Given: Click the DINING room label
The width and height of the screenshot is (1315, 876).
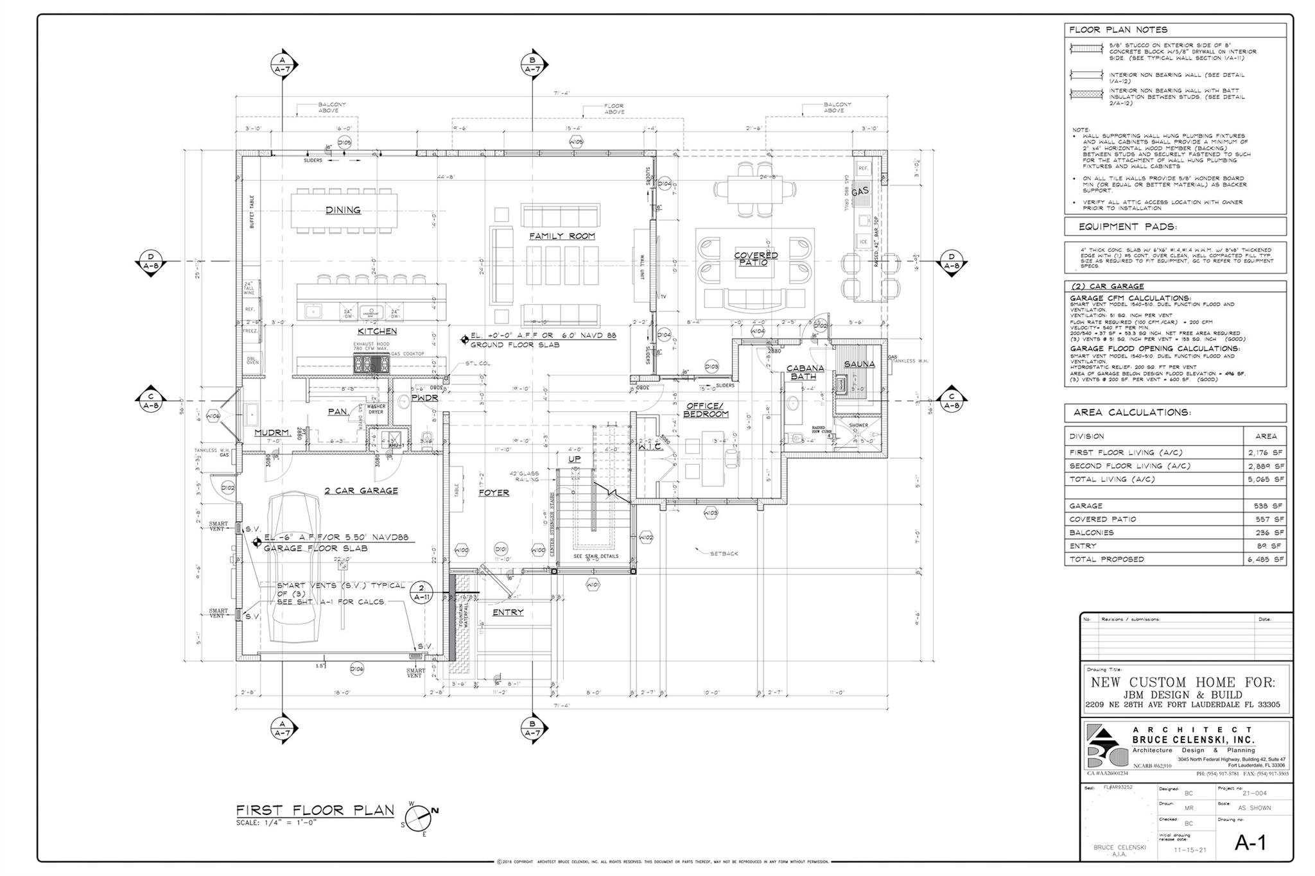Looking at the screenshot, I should (x=343, y=210).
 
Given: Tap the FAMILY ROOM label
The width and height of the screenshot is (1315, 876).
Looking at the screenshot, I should (x=562, y=236).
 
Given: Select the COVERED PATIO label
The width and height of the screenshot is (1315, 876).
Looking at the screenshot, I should (x=756, y=259).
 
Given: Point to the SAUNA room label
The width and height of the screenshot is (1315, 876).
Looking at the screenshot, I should (x=859, y=364).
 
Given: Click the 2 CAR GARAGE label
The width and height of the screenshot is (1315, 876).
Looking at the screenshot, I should (x=361, y=490).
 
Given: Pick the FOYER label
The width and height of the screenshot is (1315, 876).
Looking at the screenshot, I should (x=494, y=493).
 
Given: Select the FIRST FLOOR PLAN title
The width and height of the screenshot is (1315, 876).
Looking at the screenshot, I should (x=315, y=810).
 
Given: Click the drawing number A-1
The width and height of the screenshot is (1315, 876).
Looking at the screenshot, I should (x=1250, y=843).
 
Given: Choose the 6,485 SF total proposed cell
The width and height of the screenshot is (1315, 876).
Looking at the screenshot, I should (x=1270, y=559).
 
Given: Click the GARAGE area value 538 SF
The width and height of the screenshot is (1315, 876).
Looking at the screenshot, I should (x=1270, y=506).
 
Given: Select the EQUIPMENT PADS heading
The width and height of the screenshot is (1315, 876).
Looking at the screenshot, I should (x=1128, y=227).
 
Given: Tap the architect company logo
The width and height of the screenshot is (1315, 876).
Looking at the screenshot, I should (x=1106, y=746).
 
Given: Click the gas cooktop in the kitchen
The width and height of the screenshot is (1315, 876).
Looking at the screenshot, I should (x=370, y=365).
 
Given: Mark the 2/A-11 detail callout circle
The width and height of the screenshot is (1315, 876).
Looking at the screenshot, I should (x=421, y=592).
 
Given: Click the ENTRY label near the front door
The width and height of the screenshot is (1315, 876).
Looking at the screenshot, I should (x=507, y=612).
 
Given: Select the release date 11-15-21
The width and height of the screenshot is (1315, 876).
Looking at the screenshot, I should (x=1190, y=850).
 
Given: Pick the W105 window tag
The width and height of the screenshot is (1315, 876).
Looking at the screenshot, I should (x=576, y=142).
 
